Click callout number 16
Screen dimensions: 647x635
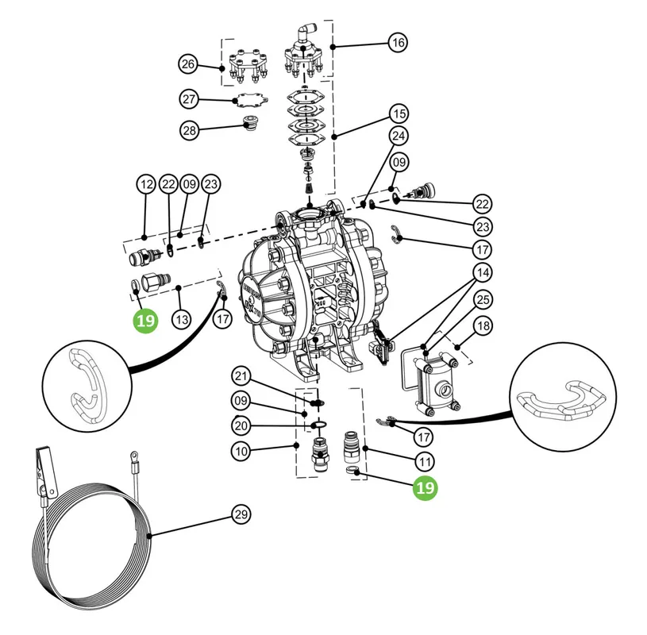pyautogui.click(x=398, y=43)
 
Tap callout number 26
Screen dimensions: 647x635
pyautogui.click(x=188, y=64)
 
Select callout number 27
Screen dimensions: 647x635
pyautogui.click(x=189, y=99)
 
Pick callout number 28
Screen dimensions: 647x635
pyautogui.click(x=190, y=130)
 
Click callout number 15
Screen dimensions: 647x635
pyautogui.click(x=399, y=114)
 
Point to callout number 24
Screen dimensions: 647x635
pyautogui.click(x=399, y=136)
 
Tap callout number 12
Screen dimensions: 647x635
pyautogui.click(x=146, y=184)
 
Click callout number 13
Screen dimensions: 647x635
pyautogui.click(x=182, y=319)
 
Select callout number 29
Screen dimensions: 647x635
pyautogui.click(x=241, y=514)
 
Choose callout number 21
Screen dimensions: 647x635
pyautogui.click(x=241, y=376)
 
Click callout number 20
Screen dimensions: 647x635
pyautogui.click(x=241, y=425)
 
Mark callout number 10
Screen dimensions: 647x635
pyautogui.click(x=241, y=451)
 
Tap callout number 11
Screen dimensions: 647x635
pyautogui.click(x=425, y=462)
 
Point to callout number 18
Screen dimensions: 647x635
pyautogui.click(x=483, y=326)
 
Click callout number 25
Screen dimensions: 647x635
pyautogui.click(x=483, y=299)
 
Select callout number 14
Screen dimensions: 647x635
pyautogui.click(x=483, y=272)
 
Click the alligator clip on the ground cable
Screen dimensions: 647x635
pyautogui.click(x=44, y=471)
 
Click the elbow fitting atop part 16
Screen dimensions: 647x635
pyautogui.click(x=307, y=32)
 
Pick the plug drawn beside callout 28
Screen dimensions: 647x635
pyautogui.click(x=250, y=123)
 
